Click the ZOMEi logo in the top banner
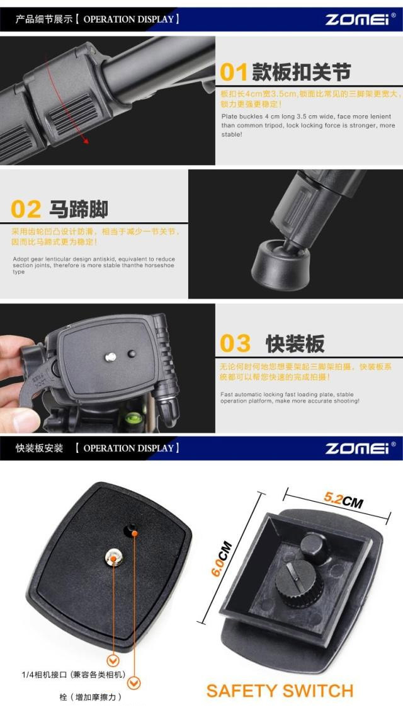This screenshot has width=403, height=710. pyautogui.click(x=358, y=20)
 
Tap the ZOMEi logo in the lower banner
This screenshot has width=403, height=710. pyautogui.click(x=358, y=449)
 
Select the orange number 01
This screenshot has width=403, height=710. pyautogui.click(x=234, y=72)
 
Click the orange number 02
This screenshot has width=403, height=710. pyautogui.click(x=26, y=209)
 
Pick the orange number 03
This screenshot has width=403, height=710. pyautogui.click(x=235, y=343)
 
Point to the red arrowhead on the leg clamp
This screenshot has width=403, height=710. pyautogui.click(x=86, y=141)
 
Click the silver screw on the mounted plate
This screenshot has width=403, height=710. pyautogui.click(x=110, y=357)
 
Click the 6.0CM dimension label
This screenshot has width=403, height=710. pyautogui.click(x=222, y=558)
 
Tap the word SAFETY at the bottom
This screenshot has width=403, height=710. pyautogui.click(x=240, y=690)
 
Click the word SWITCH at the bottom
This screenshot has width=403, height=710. pyautogui.click(x=317, y=690)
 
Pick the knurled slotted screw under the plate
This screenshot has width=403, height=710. pyautogui.click(x=299, y=583)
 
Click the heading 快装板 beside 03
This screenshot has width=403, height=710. pyautogui.click(x=295, y=344)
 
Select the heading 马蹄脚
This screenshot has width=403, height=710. pyautogui.click(x=79, y=209)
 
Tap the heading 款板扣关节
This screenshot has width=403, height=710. pyautogui.click(x=302, y=72)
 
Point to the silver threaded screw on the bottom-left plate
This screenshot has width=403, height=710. pyautogui.click(x=113, y=556)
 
